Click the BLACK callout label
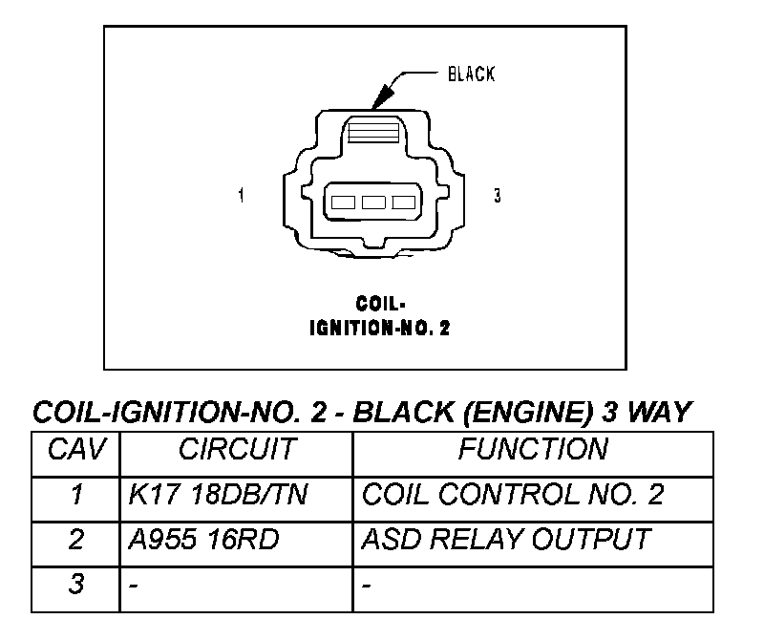[x=471, y=75]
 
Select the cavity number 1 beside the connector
[x=241, y=196]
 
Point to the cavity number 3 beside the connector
[x=497, y=196]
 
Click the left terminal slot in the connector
[x=343, y=202]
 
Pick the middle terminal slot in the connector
[x=373, y=202]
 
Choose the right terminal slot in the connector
[x=404, y=202]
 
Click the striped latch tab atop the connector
[x=373, y=132]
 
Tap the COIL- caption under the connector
[x=380, y=304]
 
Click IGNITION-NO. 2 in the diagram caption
[x=379, y=328]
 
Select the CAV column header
[x=76, y=449]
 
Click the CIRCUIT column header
[x=237, y=449]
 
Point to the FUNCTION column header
[x=533, y=449]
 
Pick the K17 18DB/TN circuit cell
[x=218, y=495]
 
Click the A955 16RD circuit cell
[x=203, y=540]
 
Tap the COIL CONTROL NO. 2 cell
[x=513, y=495]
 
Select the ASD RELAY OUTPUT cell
[x=506, y=540]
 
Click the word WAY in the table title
[x=659, y=413]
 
